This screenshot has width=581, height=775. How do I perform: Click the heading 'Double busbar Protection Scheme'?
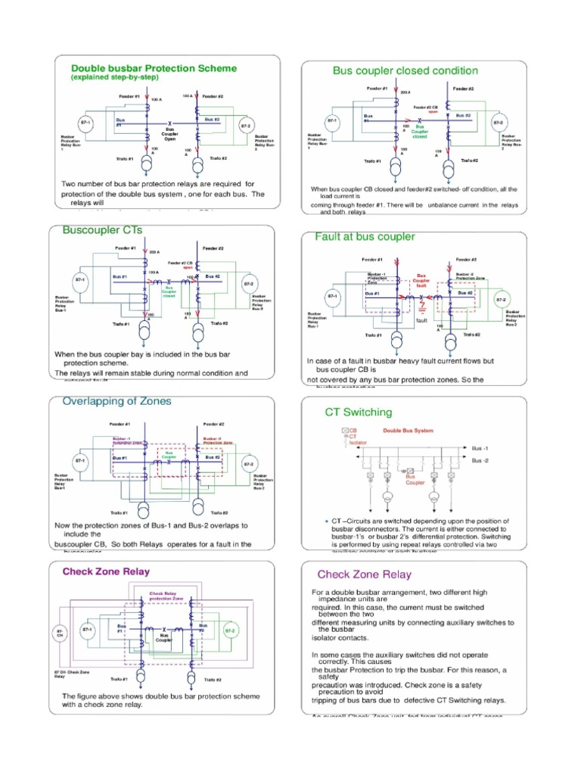coord(154,68)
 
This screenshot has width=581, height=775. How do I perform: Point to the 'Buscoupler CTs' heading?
coord(103,229)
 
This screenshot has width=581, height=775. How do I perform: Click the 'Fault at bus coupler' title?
coord(365,236)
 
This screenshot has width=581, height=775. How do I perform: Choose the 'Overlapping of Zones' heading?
coord(117,400)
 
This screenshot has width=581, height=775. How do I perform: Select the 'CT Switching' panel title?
coord(359,412)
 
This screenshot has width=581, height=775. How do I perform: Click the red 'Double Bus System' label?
coord(408,431)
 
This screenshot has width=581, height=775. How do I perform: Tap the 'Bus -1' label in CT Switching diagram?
coord(480,448)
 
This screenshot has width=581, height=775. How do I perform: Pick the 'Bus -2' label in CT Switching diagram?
coord(480,460)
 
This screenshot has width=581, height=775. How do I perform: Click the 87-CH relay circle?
coord(60,632)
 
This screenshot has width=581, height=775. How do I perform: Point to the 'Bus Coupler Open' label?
coord(170,133)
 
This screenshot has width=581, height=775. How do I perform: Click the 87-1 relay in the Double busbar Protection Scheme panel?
coord(85,123)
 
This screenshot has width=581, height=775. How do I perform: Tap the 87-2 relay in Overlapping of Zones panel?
coord(247,462)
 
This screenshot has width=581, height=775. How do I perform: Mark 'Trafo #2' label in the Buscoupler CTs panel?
coord(219,324)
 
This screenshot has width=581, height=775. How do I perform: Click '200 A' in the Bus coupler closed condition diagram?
coord(405,92)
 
